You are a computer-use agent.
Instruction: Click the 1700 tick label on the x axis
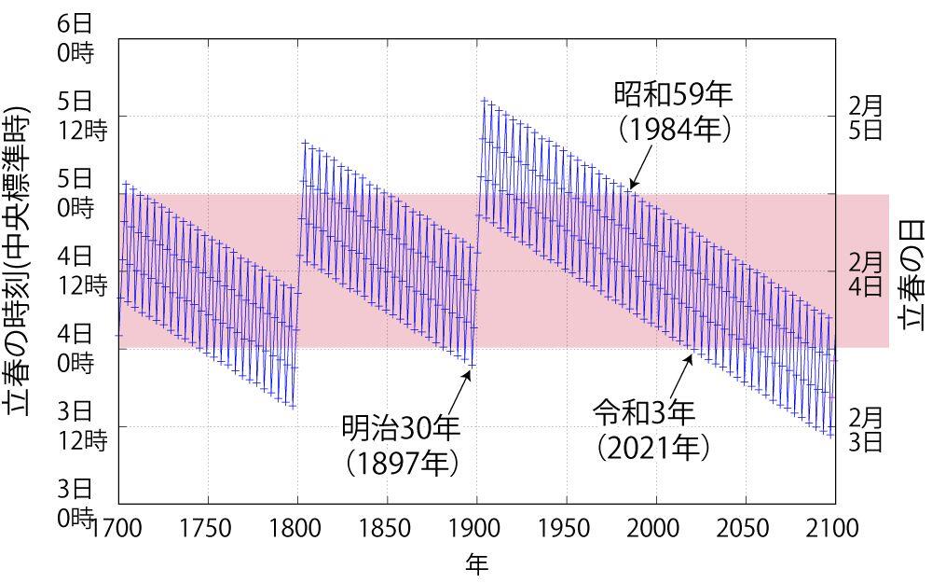(x=118, y=529)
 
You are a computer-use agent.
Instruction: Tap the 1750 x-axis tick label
(x=207, y=529)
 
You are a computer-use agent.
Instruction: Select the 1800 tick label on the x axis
(x=297, y=529)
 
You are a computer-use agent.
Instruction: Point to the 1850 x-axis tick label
(x=387, y=529)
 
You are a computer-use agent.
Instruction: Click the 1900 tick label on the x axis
(x=476, y=529)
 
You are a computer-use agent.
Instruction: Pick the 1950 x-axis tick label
(x=566, y=529)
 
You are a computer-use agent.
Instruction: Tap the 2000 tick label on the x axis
(x=655, y=529)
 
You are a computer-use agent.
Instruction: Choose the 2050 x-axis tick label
(x=745, y=529)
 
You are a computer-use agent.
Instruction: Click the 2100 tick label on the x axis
(x=834, y=529)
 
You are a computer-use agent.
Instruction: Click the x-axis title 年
(x=476, y=564)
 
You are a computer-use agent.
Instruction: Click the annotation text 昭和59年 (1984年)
(x=673, y=111)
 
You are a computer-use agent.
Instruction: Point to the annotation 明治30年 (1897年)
(x=402, y=445)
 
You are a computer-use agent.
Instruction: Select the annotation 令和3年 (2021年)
(x=652, y=429)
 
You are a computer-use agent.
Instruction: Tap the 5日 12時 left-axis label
(x=82, y=116)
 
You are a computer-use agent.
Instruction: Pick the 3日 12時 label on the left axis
(x=82, y=425)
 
